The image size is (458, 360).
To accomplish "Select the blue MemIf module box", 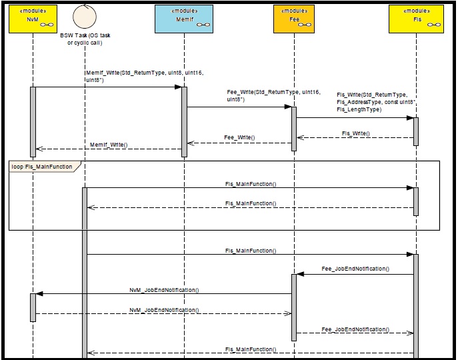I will [x=184, y=17].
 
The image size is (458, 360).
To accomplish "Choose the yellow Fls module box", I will [x=416, y=17].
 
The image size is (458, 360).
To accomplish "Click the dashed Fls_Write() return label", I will [x=355, y=133].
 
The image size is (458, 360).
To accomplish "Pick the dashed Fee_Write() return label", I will [x=239, y=137].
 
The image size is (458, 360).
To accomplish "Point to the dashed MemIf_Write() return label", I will [x=109, y=144].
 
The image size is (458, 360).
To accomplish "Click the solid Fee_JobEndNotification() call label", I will [x=355, y=269].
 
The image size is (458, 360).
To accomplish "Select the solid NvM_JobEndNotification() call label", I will [x=164, y=290].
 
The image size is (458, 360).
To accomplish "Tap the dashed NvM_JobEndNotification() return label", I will [x=164, y=310].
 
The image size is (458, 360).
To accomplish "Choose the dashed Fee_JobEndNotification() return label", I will [x=355, y=329].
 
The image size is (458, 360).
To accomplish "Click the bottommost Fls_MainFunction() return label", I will [x=250, y=349].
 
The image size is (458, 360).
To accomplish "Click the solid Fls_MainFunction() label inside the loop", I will [x=250, y=183].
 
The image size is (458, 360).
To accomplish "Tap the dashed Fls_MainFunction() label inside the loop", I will [x=250, y=203].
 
